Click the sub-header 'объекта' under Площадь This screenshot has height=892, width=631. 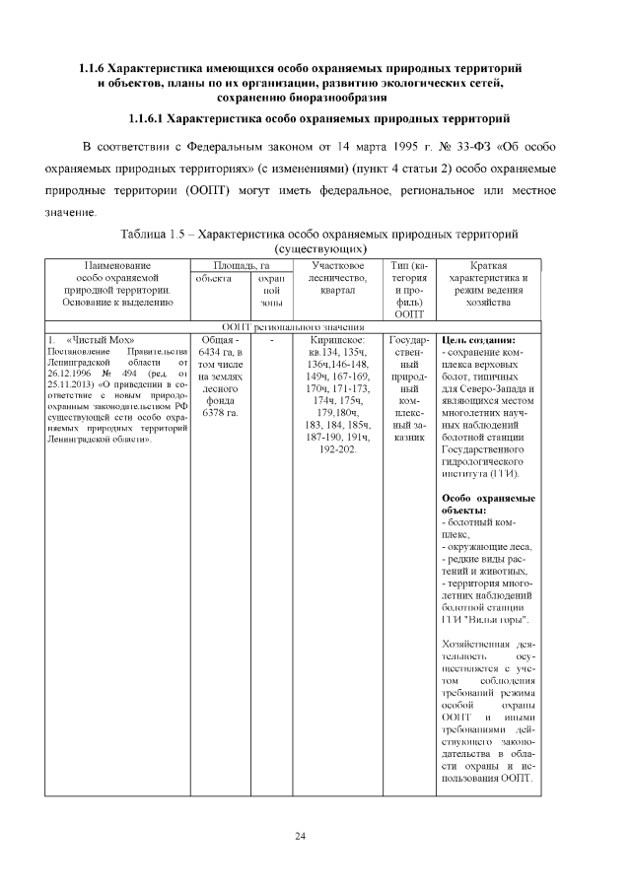(x=214, y=279)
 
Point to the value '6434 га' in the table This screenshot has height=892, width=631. (x=216, y=352)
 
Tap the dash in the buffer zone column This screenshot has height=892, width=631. (x=270, y=340)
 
